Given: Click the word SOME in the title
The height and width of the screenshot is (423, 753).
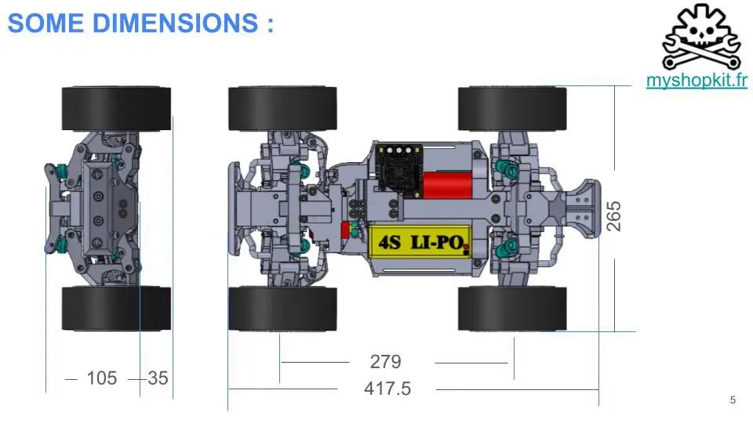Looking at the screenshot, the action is [x=45, y=23].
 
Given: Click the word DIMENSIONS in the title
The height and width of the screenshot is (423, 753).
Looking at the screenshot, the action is [x=175, y=23].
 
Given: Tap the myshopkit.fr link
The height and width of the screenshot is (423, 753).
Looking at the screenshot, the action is [x=697, y=80].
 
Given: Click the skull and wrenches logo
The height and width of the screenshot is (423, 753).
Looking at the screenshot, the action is [x=701, y=38].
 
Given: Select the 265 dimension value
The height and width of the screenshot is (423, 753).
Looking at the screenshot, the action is [x=613, y=216].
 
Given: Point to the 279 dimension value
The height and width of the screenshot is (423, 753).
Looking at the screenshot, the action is [x=386, y=362].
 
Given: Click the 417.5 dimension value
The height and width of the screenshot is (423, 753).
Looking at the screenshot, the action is [x=387, y=389].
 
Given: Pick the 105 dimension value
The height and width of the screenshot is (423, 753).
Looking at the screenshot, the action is [x=102, y=378].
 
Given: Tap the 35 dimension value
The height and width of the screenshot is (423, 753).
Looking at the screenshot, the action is [x=158, y=378].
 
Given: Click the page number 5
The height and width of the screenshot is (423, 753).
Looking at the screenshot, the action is [x=733, y=399].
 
